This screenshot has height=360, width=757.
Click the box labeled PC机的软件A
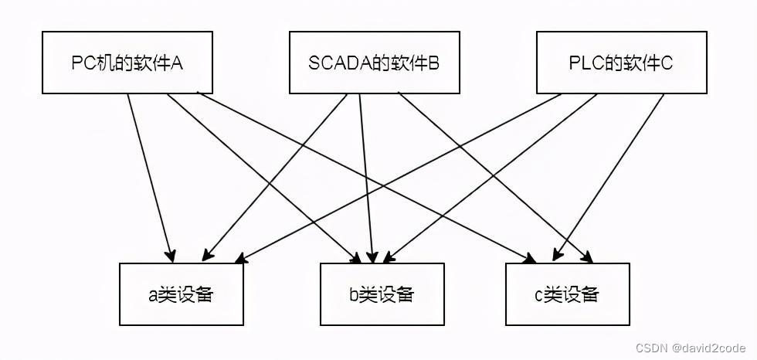(127, 63)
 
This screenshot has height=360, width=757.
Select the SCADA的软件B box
(374, 63)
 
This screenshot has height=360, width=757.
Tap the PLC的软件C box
(621, 63)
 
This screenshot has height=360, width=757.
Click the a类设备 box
(182, 294)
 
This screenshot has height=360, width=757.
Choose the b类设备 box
(382, 294)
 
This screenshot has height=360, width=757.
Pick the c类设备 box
(567, 294)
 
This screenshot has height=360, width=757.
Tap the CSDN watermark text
(652, 348)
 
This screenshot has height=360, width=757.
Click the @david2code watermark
(708, 348)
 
